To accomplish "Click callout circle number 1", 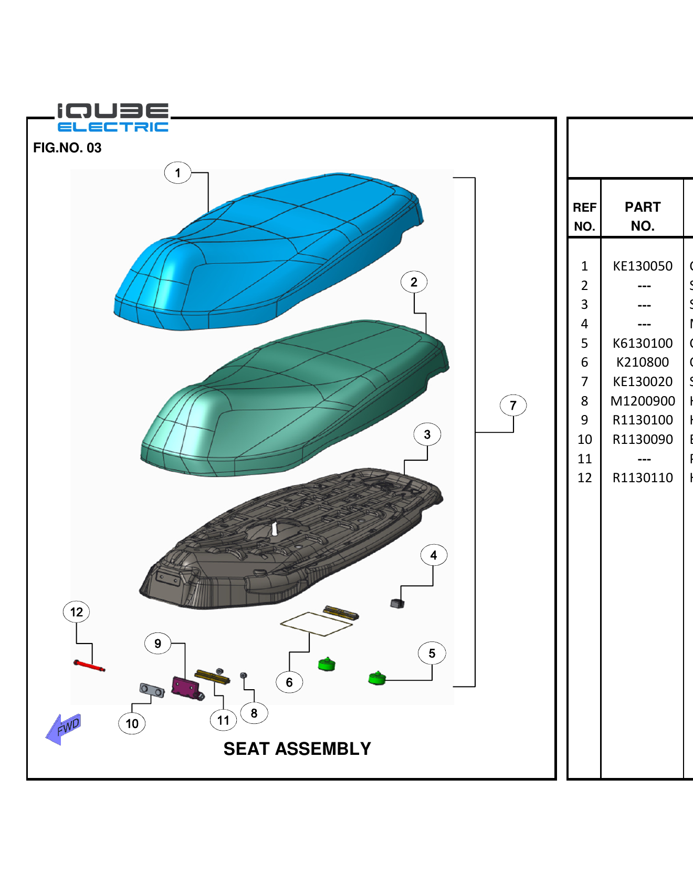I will click(177, 173).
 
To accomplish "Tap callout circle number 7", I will click(513, 406).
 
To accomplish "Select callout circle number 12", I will click(76, 612).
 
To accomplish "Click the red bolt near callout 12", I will click(89, 666).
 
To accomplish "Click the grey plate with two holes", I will click(152, 690).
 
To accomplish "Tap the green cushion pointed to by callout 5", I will click(377, 678).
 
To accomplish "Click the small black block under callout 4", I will click(397, 604).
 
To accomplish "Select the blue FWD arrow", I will click(64, 729).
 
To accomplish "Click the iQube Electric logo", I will click(113, 118).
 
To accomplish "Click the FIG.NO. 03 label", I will click(67, 148).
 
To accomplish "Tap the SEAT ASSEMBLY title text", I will click(297, 749).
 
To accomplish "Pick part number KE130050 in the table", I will click(643, 266).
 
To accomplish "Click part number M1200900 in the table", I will click(643, 401).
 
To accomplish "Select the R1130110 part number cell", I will click(643, 478).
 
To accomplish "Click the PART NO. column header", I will click(643, 216).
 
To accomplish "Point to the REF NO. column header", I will click(584, 216).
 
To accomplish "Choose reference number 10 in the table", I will click(584, 440).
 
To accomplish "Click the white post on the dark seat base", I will click(274, 528).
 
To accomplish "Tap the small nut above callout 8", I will click(244, 675).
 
